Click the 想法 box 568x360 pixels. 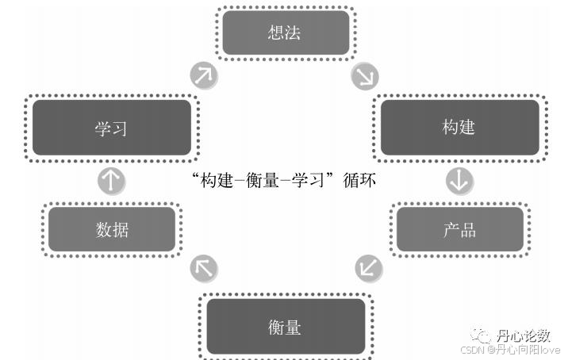pos(285,33)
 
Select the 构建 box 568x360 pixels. pos(459,127)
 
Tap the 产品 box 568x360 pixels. pos(459,230)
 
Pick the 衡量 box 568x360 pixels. pos(285,326)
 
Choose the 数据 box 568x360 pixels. pos(112,230)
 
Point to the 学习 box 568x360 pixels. pos(111,127)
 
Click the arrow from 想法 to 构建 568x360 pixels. pos(365,76)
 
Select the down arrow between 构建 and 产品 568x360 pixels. pos(459,181)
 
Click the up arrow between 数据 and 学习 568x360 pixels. pos(111,181)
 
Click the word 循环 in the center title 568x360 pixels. pos(359,181)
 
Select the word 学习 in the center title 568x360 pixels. pos(308,181)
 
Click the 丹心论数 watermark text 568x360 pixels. pos(523,335)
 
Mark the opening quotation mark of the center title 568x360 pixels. pos(196,176)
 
